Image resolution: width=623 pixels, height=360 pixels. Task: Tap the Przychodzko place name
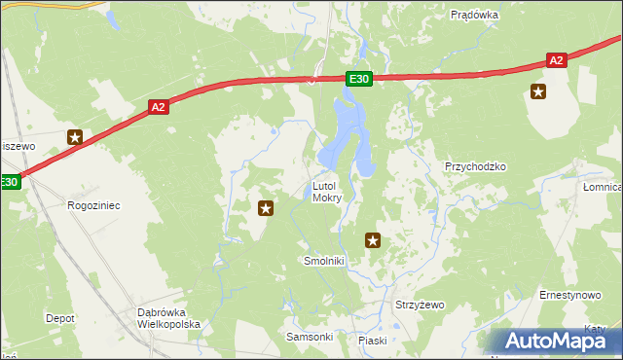pyautogui.click(x=475, y=166)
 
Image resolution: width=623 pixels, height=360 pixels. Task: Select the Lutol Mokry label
pyautogui.click(x=326, y=192)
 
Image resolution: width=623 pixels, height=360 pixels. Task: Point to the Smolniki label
pyautogui.click(x=324, y=262)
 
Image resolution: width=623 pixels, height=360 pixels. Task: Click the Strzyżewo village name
pyautogui.click(x=419, y=305)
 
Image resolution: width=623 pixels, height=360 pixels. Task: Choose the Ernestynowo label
pyautogui.click(x=569, y=294)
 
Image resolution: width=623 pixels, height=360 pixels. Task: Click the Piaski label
pyautogui.click(x=373, y=341)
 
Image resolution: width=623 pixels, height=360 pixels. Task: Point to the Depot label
pyautogui.click(x=60, y=318)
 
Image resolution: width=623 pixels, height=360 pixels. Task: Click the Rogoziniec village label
pyautogui.click(x=92, y=205)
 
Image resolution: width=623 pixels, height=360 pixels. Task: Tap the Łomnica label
pyautogui.click(x=603, y=187)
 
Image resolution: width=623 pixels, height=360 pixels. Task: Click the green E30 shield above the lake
pyautogui.click(x=358, y=79)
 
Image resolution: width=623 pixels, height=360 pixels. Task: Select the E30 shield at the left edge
pyautogui.click(x=9, y=182)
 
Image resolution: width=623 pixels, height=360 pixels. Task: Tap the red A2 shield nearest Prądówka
pyautogui.click(x=556, y=60)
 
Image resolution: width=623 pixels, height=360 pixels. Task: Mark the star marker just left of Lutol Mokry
pyautogui.click(x=265, y=207)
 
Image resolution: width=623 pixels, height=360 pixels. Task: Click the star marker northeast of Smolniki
pyautogui.click(x=371, y=239)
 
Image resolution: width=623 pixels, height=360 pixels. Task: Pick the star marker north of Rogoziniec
pyautogui.click(x=74, y=138)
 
